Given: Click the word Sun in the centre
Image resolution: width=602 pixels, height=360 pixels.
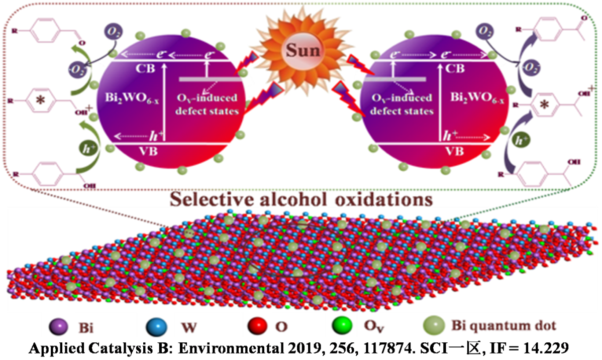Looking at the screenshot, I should [300, 51].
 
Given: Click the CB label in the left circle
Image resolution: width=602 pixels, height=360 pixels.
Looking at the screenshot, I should [129, 67].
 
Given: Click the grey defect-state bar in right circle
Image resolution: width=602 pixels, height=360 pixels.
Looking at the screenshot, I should [395, 79].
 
